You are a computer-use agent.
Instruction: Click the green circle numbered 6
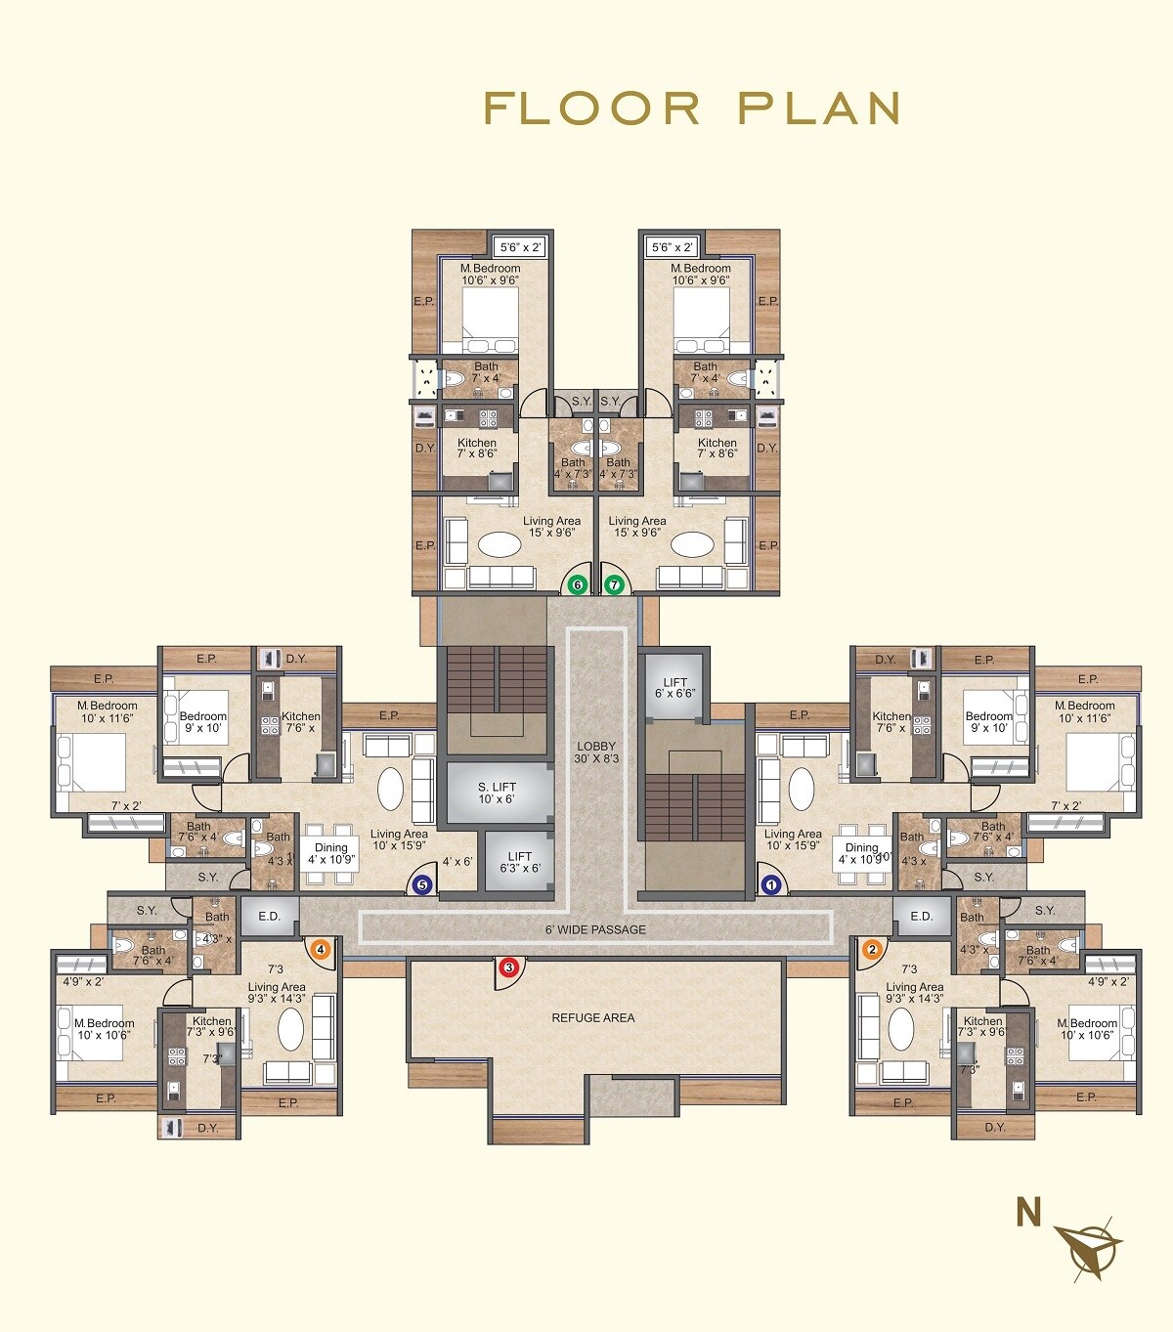click(578, 585)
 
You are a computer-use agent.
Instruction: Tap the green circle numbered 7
click(614, 585)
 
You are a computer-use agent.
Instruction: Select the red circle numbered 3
click(508, 967)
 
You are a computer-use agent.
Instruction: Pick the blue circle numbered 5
click(422, 885)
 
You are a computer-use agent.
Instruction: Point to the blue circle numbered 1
click(771, 885)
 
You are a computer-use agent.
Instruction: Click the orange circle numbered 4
click(320, 948)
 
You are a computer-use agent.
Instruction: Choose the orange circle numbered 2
click(872, 948)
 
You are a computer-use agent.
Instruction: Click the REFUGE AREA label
click(592, 1017)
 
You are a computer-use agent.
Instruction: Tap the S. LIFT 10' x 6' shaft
click(497, 793)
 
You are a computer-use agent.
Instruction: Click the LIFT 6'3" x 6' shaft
click(519, 862)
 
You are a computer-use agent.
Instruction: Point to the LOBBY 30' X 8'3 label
click(596, 752)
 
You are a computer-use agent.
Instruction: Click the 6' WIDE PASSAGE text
click(595, 929)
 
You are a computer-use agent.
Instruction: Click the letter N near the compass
click(1028, 1213)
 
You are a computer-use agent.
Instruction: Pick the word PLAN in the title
click(819, 108)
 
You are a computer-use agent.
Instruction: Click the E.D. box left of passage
click(269, 917)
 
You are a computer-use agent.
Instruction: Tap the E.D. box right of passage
click(921, 917)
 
